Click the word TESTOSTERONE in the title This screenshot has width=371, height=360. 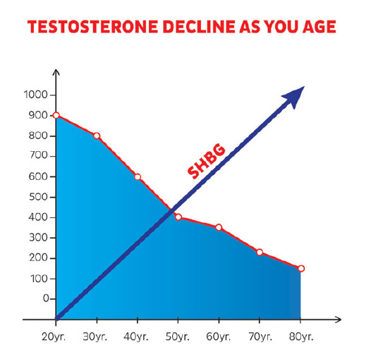92,26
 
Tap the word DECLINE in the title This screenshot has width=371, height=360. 199,26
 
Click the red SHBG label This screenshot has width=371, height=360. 206,161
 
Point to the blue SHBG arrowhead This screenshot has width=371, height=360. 296,96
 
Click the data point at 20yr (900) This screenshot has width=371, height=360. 56,115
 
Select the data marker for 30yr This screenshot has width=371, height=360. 97,136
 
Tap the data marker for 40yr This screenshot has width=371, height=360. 138,177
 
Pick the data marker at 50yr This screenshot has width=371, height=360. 178,217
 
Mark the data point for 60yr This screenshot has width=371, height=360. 219,227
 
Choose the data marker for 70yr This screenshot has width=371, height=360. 260,252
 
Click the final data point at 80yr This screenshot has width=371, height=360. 301,268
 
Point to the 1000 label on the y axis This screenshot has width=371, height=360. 36,95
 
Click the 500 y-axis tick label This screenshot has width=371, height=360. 38,197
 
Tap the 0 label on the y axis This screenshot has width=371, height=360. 46,299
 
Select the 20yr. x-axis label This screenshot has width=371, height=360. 54,337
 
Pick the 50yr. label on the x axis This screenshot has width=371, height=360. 178,337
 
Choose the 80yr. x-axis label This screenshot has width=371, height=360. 301,337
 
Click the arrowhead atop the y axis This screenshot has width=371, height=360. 56,72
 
